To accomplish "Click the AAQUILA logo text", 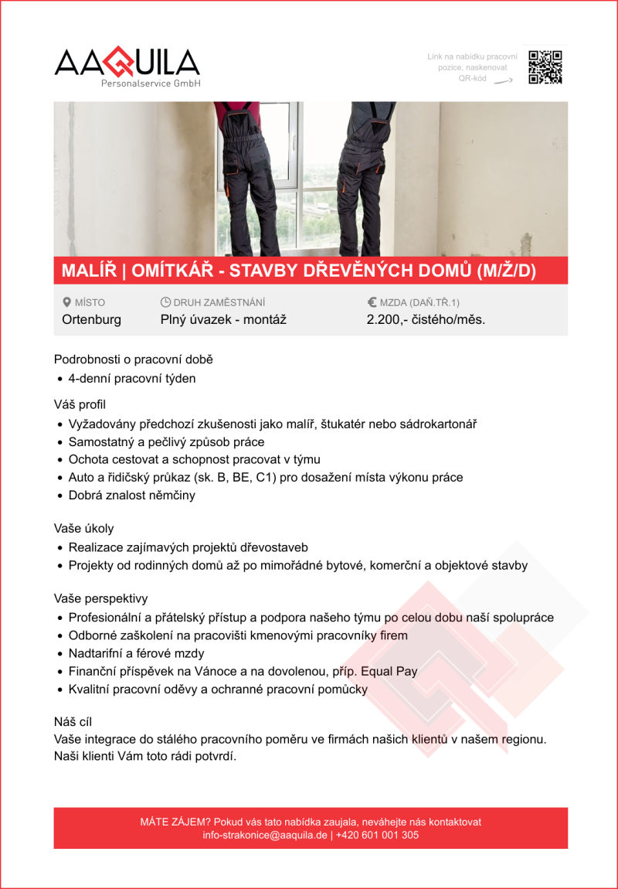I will click(x=127, y=62).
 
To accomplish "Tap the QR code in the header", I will click(x=545, y=67).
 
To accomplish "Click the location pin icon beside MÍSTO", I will click(x=66, y=302).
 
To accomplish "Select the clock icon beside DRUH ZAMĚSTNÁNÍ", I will click(x=165, y=302).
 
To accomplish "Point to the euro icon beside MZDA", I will click(x=372, y=302).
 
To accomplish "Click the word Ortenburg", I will click(x=91, y=319).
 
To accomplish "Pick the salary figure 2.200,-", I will click(x=385, y=319).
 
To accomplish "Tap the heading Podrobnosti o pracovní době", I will click(x=133, y=359).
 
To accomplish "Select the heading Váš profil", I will click(x=80, y=404).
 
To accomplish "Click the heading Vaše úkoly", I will click(x=83, y=529).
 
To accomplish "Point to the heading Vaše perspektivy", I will click(x=100, y=598).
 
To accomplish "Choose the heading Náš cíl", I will click(x=73, y=722).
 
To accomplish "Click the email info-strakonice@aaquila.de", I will click(x=265, y=835).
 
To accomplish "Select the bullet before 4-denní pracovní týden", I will click(x=60, y=379).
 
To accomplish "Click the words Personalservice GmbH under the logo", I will click(x=151, y=83).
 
